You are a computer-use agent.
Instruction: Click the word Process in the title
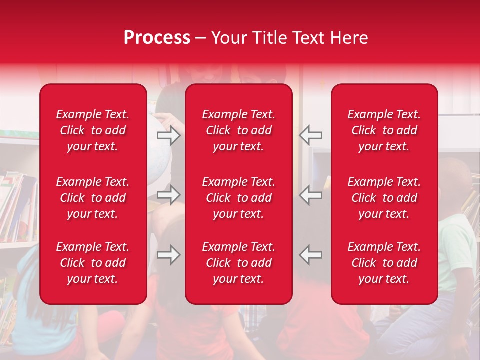(157, 38)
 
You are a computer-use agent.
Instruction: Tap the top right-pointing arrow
(169, 135)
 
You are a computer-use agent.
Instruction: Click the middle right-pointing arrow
(169, 195)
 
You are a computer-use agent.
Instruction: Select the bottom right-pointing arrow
(169, 255)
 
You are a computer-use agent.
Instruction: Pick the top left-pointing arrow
(311, 135)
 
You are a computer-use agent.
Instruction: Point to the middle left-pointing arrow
(311, 195)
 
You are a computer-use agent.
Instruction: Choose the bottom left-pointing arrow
(311, 255)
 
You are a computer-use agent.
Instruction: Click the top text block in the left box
(93, 130)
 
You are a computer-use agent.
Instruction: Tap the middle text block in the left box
(93, 198)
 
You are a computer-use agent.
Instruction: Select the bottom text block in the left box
(93, 263)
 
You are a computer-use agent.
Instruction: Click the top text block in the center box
(238, 130)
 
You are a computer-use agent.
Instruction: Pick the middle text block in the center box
(238, 198)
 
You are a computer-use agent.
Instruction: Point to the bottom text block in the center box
(238, 263)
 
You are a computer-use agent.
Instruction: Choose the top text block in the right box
(384, 130)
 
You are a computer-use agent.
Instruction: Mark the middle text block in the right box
(384, 198)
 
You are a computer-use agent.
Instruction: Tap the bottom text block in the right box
(384, 263)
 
